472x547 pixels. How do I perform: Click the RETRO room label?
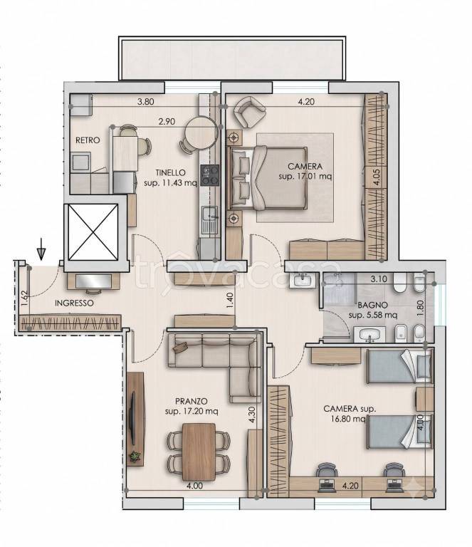88,140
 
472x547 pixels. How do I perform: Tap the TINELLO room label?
170,172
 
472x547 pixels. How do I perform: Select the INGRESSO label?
74,303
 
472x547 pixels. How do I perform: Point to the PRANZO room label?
192,401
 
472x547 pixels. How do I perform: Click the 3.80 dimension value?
145,102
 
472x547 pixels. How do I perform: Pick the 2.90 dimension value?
167,121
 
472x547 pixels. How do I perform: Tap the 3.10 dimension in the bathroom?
379,279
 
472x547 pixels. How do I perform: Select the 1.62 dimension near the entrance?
24,298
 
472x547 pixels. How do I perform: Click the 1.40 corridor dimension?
229,300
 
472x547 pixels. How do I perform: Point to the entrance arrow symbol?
41,249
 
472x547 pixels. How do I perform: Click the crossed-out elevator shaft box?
93,232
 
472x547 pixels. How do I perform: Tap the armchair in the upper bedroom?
249,112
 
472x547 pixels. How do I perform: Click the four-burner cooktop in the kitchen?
210,175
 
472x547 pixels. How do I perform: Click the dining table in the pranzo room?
199,452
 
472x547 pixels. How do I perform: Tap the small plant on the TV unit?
135,457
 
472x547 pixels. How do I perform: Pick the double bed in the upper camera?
268,178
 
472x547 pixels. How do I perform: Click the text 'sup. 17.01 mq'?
305,177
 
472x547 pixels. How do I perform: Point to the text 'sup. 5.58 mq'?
372,316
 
